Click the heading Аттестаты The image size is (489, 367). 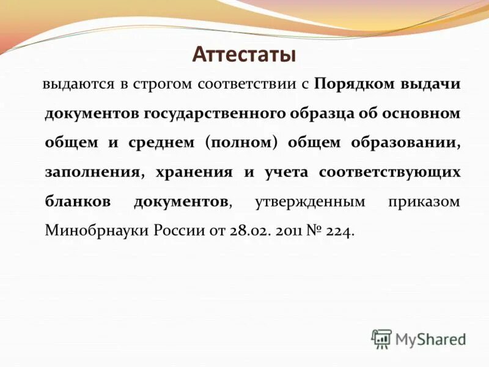coord(244,54)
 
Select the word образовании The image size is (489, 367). coord(405,143)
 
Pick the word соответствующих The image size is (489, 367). coord(389,172)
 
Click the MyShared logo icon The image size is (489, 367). coord(381,338)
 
